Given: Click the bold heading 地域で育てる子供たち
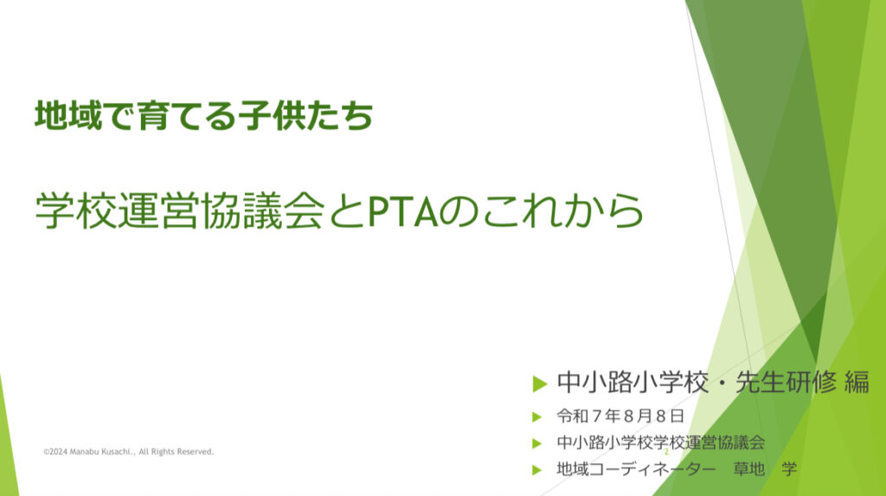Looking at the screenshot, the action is coord(204,115).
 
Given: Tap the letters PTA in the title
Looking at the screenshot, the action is coord(403,210).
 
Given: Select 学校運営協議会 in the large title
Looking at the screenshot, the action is coord(180,210).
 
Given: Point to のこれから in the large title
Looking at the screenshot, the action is coord(542,210).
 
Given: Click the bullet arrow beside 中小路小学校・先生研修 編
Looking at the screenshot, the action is coord(540,384).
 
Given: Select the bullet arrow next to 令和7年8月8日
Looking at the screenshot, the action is coord(536,417).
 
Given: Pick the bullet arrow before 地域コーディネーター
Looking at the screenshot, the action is coord(536,469).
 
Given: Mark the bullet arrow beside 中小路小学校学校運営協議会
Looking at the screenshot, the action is coord(536,443).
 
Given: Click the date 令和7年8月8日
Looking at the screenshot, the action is coord(620,416).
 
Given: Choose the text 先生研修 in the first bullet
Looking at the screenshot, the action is coord(786,383).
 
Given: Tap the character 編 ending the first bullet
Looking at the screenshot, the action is coord(857,383).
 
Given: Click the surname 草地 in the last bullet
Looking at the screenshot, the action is coord(748,469).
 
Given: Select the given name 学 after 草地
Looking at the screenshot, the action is coord(789,469).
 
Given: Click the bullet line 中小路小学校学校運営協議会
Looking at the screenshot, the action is coord(660,442).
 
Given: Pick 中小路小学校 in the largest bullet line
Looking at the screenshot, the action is coord(632,383).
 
